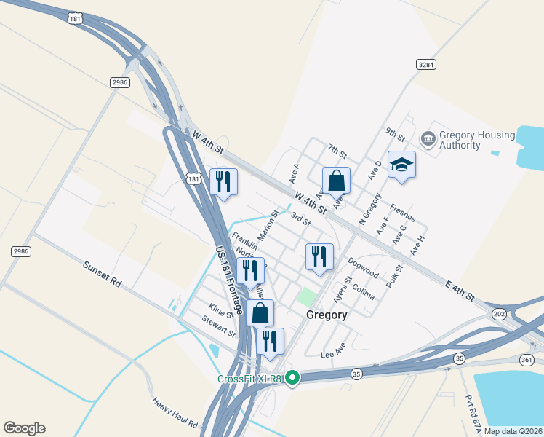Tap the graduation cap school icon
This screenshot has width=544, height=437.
tap(401, 165)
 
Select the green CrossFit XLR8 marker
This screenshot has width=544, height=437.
tap(292, 377)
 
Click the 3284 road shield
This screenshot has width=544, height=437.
tap(427, 65)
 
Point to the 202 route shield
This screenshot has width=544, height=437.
tap(499, 314)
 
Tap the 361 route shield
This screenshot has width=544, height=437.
tap(527, 360)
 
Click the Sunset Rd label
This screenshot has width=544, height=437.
tap(101, 274)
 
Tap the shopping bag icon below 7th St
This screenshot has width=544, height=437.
tap(337, 181)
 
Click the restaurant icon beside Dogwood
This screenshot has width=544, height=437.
tap(319, 256)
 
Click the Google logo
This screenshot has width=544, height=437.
tap(24, 428)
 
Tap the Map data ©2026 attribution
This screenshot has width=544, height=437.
tap(513, 431)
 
